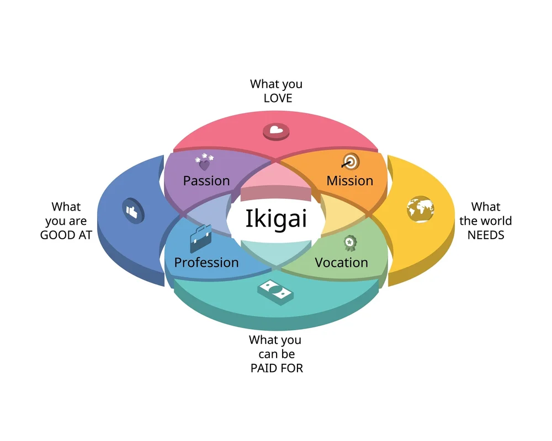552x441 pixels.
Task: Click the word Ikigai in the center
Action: coord(276,219)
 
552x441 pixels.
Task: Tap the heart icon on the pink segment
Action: coord(276,131)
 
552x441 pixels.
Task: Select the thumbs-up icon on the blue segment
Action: coord(132,210)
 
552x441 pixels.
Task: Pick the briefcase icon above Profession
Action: coord(200,238)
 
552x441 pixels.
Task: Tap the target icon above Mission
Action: coord(350,161)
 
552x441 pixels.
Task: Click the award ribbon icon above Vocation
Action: coord(349,243)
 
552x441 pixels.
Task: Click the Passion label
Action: coord(206,181)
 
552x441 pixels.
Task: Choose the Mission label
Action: coord(350,181)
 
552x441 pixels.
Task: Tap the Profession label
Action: coord(206,262)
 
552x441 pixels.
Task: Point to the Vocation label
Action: coord(341,262)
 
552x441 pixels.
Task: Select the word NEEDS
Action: coord(486,235)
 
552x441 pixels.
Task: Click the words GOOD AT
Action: coord(66,235)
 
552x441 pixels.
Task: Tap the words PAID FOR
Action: coord(277,368)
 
